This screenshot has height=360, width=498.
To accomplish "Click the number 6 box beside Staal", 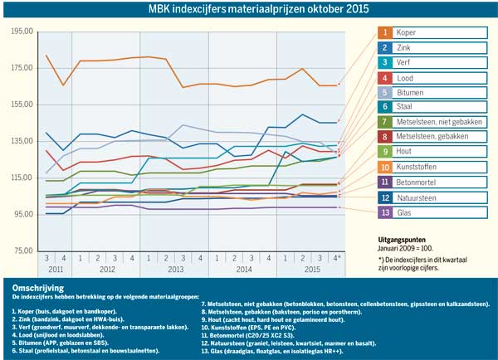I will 386,106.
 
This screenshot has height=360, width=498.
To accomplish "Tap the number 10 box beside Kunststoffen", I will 386,167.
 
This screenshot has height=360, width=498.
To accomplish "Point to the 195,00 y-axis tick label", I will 19,31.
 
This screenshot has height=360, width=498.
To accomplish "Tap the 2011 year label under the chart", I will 54,270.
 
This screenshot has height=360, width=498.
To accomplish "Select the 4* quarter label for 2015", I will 337,258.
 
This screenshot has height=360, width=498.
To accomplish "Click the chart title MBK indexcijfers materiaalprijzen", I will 249,9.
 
